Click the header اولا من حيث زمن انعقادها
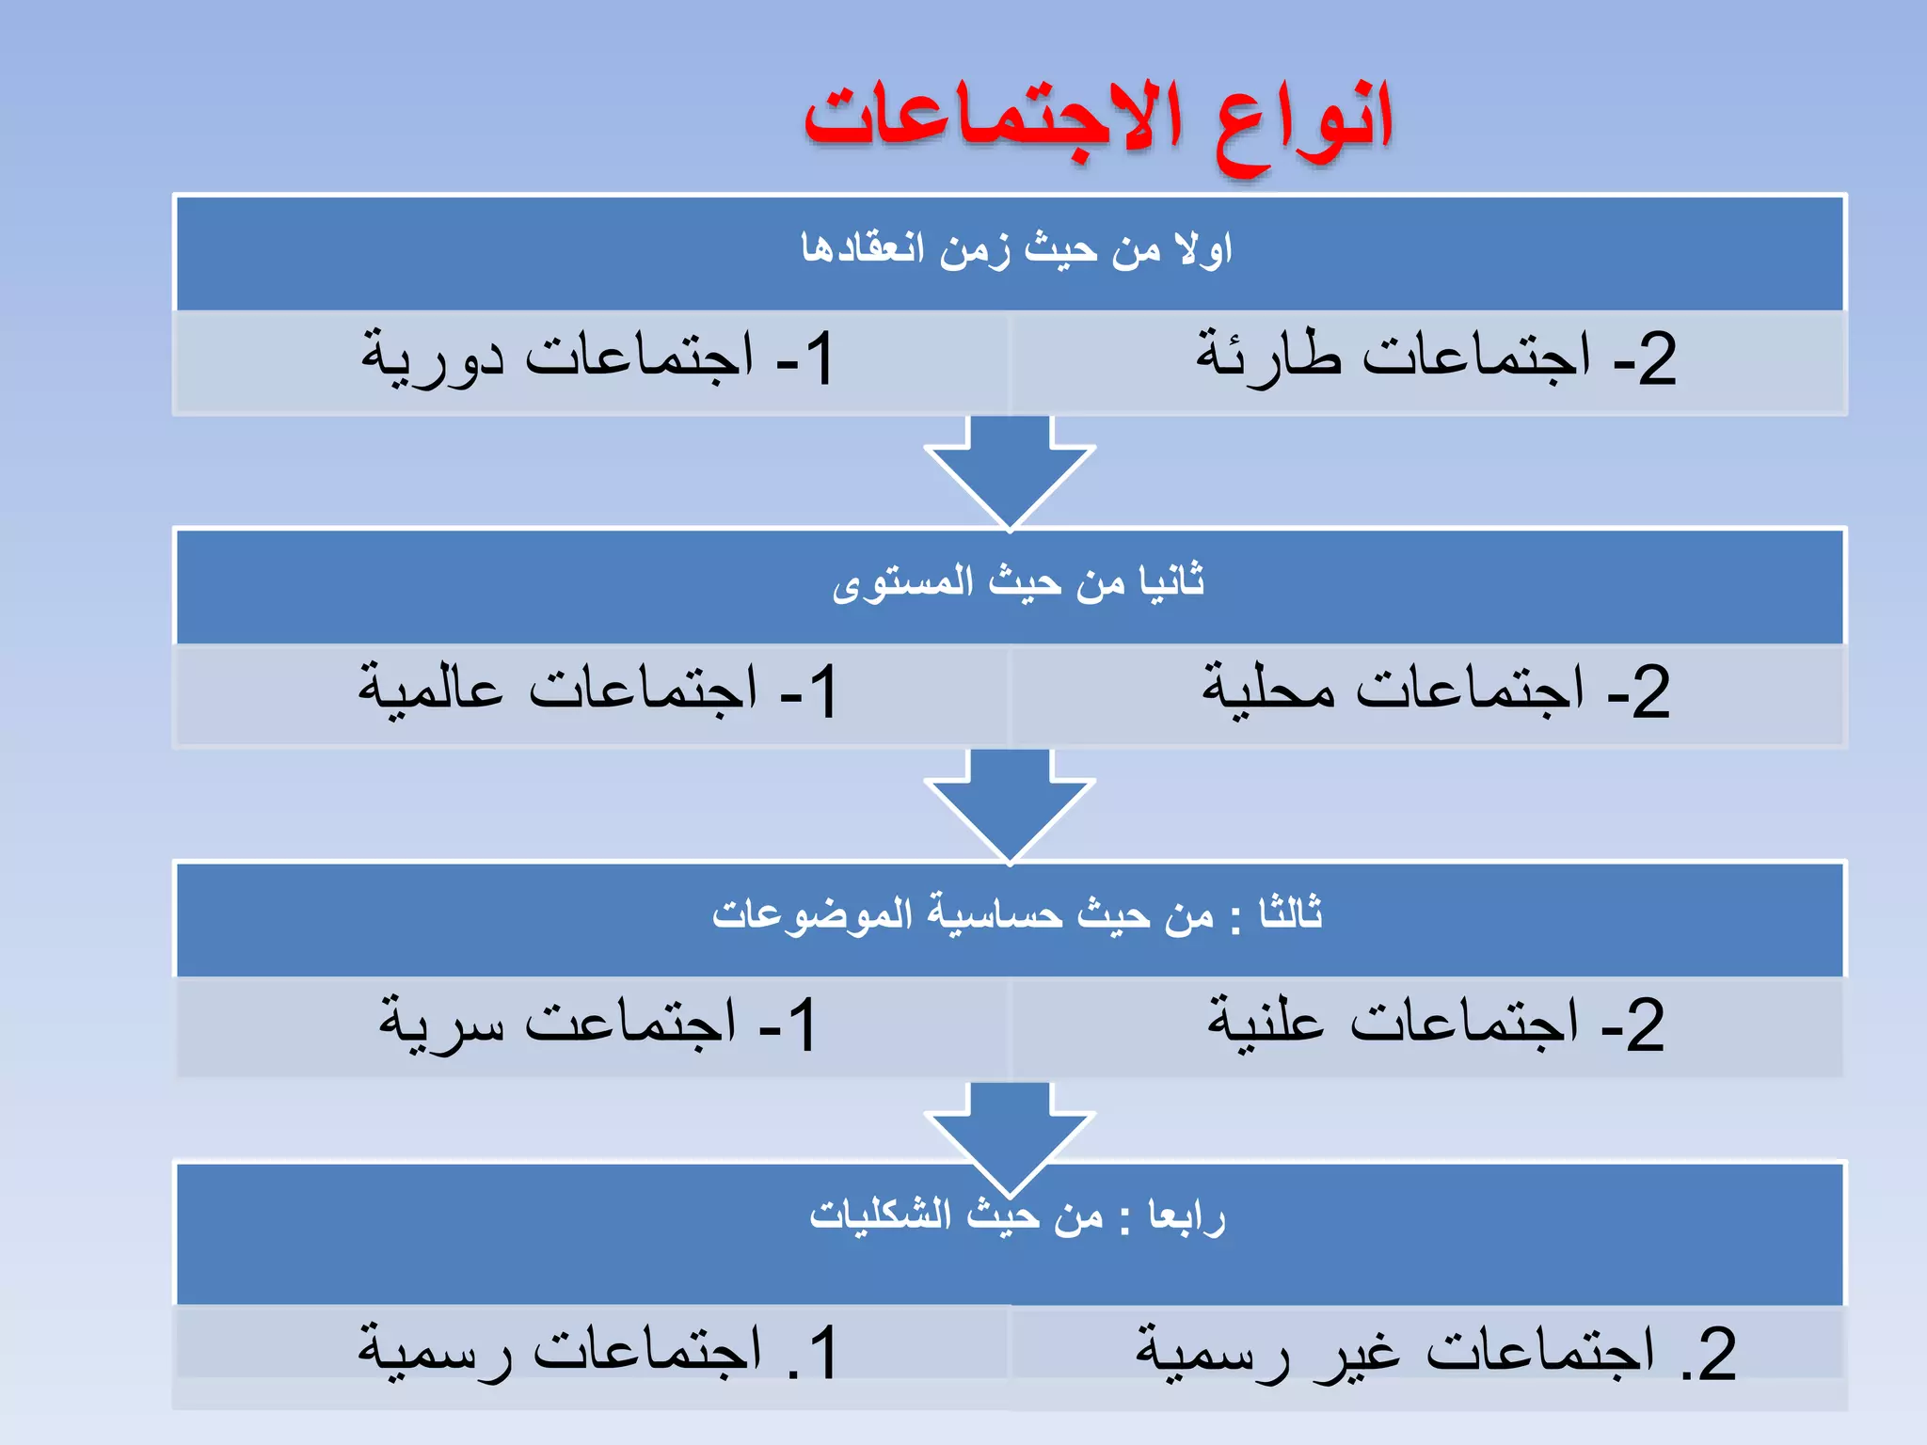[1015, 250]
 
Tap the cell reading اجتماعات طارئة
[1435, 358]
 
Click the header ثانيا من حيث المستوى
[1017, 582]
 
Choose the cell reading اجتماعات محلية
[1435, 691]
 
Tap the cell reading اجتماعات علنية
[1435, 1024]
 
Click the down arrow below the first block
[1010, 470]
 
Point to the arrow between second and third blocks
[1010, 804]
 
